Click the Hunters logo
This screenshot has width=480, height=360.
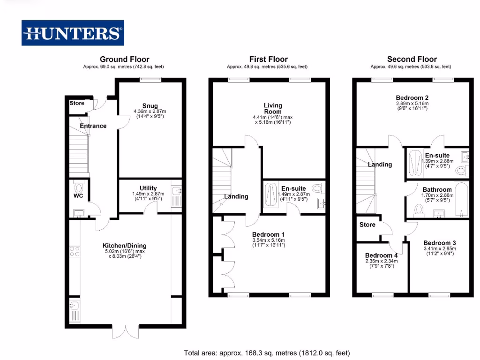[73, 33]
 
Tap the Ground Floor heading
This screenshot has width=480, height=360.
[124, 59]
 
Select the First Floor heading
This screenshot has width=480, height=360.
[268, 59]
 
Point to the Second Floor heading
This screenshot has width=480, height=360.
[412, 59]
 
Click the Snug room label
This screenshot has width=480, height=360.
[150, 105]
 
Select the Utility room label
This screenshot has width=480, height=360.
[148, 188]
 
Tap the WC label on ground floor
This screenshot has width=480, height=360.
[78, 195]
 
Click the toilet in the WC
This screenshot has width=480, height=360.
[78, 186]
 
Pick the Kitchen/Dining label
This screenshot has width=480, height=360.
[125, 245]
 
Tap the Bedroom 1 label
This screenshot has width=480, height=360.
[268, 234]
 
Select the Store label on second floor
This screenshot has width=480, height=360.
[367, 225]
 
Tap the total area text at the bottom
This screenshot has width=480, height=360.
[267, 352]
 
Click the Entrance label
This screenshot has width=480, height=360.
[93, 126]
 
